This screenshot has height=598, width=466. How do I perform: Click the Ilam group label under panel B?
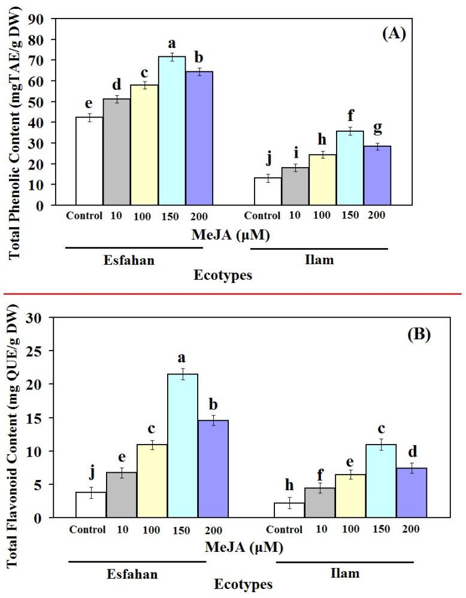(345, 573)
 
